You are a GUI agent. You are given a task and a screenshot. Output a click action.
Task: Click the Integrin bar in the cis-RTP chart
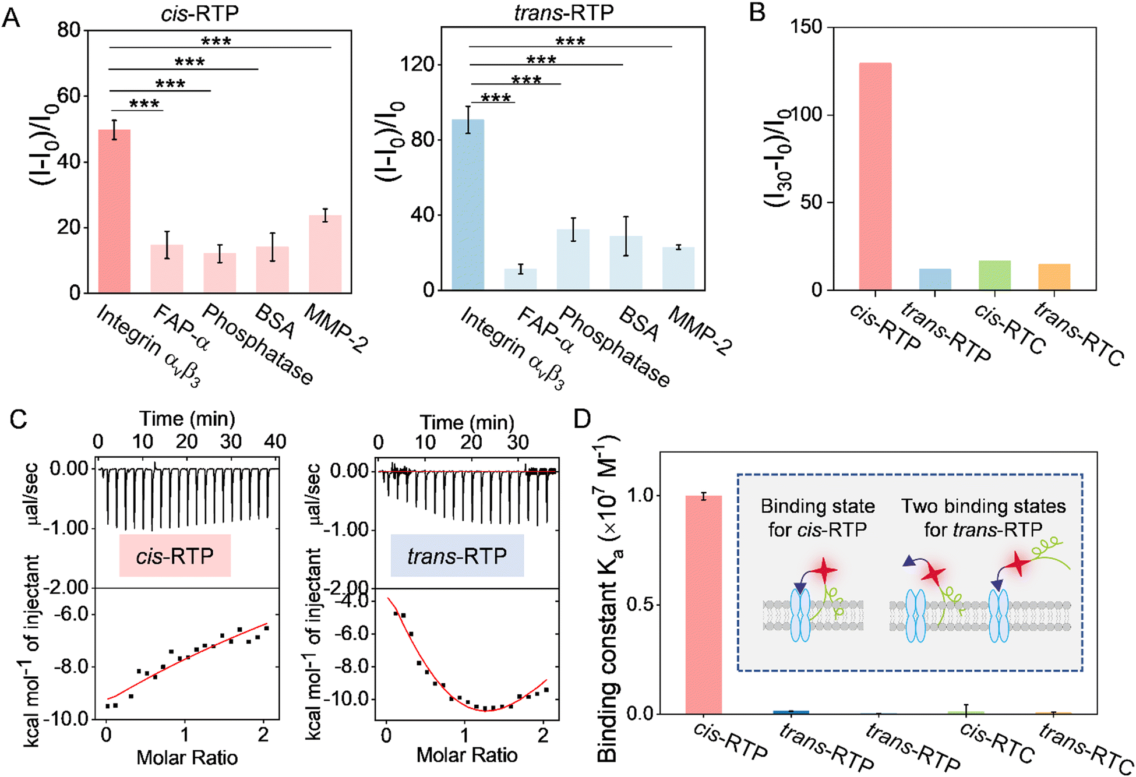(x=114, y=211)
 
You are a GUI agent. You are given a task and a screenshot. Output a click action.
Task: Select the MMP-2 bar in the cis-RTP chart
(x=325, y=254)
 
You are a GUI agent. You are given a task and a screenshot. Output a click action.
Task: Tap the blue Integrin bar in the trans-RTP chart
(x=468, y=204)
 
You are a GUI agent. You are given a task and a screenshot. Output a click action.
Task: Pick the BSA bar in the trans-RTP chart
(x=626, y=263)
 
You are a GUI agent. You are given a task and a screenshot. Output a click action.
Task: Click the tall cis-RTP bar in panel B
(x=875, y=176)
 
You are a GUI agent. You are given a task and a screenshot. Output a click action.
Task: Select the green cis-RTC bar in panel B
(x=994, y=275)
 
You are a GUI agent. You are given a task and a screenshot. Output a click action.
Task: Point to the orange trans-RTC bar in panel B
(x=1054, y=277)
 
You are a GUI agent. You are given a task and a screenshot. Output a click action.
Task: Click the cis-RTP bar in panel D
(x=703, y=605)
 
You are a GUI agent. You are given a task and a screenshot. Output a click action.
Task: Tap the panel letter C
(x=19, y=419)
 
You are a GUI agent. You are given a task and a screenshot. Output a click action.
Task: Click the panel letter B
(x=757, y=12)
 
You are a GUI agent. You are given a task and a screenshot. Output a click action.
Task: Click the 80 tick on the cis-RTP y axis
(x=69, y=30)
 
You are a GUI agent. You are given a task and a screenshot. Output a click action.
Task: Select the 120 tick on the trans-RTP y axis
(x=417, y=64)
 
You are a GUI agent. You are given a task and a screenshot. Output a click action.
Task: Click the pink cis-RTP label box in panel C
(x=175, y=556)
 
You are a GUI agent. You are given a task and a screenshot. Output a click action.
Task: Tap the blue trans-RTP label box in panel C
(x=457, y=556)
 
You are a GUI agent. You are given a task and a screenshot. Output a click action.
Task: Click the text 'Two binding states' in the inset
(x=983, y=506)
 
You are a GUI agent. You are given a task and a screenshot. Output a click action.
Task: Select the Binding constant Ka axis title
(x=609, y=600)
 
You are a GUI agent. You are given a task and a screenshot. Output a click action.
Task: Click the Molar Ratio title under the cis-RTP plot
(x=187, y=757)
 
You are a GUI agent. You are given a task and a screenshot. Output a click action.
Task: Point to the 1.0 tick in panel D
(x=640, y=496)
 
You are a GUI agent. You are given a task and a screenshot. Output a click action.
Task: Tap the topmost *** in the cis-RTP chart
(x=216, y=41)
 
